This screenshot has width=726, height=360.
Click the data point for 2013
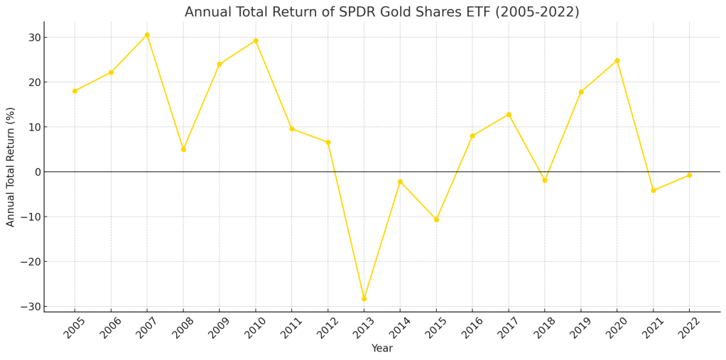[364, 298]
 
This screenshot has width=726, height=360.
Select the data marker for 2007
[147, 35]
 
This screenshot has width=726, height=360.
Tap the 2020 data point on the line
[617, 60]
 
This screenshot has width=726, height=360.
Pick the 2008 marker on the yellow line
[183, 149]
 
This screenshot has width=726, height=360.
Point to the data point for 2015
[436, 219]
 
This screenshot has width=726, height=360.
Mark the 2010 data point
[256, 40]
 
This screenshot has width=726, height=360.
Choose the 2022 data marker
[689, 175]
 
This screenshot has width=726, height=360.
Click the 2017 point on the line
[509, 114]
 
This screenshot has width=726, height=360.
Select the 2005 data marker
[75, 91]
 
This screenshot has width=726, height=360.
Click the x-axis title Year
[382, 349]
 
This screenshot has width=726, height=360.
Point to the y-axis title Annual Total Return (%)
[11, 167]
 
